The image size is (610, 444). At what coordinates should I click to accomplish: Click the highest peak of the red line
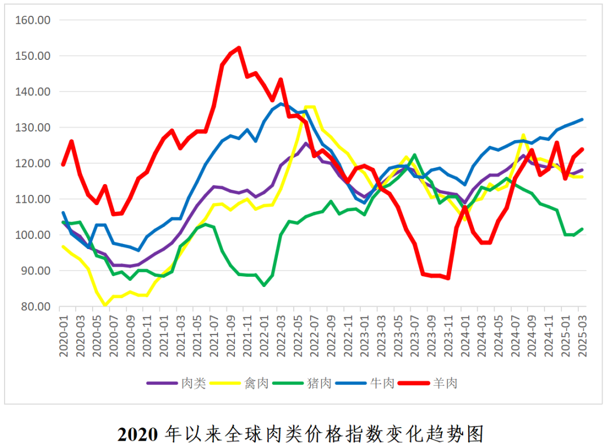pos(238,48)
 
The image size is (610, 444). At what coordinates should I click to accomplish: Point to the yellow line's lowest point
pos(105,305)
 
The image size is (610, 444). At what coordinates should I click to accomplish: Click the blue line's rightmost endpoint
pos(582,119)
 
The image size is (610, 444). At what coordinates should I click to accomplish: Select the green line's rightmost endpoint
pos(582,229)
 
